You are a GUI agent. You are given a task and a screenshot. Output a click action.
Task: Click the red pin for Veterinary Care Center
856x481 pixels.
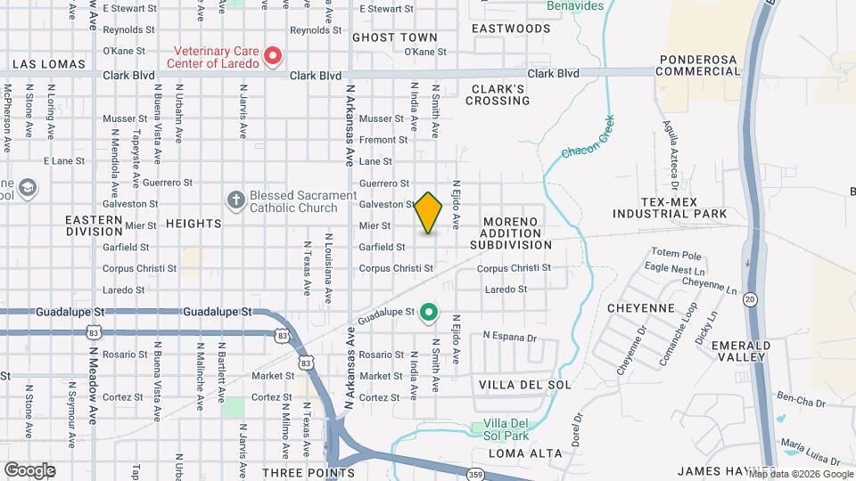tap(274, 56)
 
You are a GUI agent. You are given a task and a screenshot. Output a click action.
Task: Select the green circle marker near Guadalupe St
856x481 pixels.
tap(429, 312)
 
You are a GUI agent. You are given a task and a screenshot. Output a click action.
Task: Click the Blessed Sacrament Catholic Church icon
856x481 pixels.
tap(236, 200)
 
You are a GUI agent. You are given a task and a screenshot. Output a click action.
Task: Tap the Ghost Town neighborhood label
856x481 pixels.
tap(395, 37)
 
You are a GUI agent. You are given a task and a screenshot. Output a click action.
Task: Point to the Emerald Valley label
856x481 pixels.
tap(747, 351)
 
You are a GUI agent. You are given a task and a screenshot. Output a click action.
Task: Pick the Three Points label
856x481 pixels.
tap(309, 472)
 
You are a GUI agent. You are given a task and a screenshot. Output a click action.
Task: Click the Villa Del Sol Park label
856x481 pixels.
tap(506, 429)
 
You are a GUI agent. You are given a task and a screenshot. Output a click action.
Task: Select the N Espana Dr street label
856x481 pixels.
tap(509, 337)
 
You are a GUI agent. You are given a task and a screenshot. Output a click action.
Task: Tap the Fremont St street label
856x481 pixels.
tap(383, 140)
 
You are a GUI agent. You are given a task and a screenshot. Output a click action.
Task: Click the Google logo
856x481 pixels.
tap(29, 470)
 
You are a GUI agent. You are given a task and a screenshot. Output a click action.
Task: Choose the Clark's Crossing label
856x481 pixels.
tap(498, 94)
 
